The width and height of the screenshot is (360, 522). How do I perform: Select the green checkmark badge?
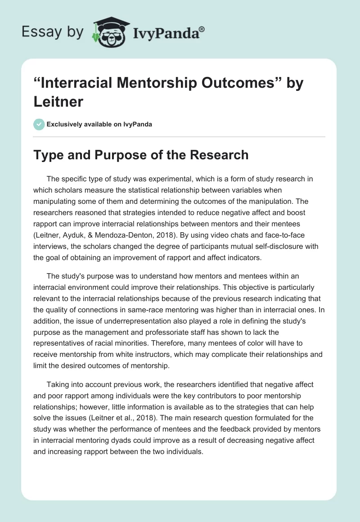39,124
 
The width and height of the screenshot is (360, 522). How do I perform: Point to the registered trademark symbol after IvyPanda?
202,28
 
